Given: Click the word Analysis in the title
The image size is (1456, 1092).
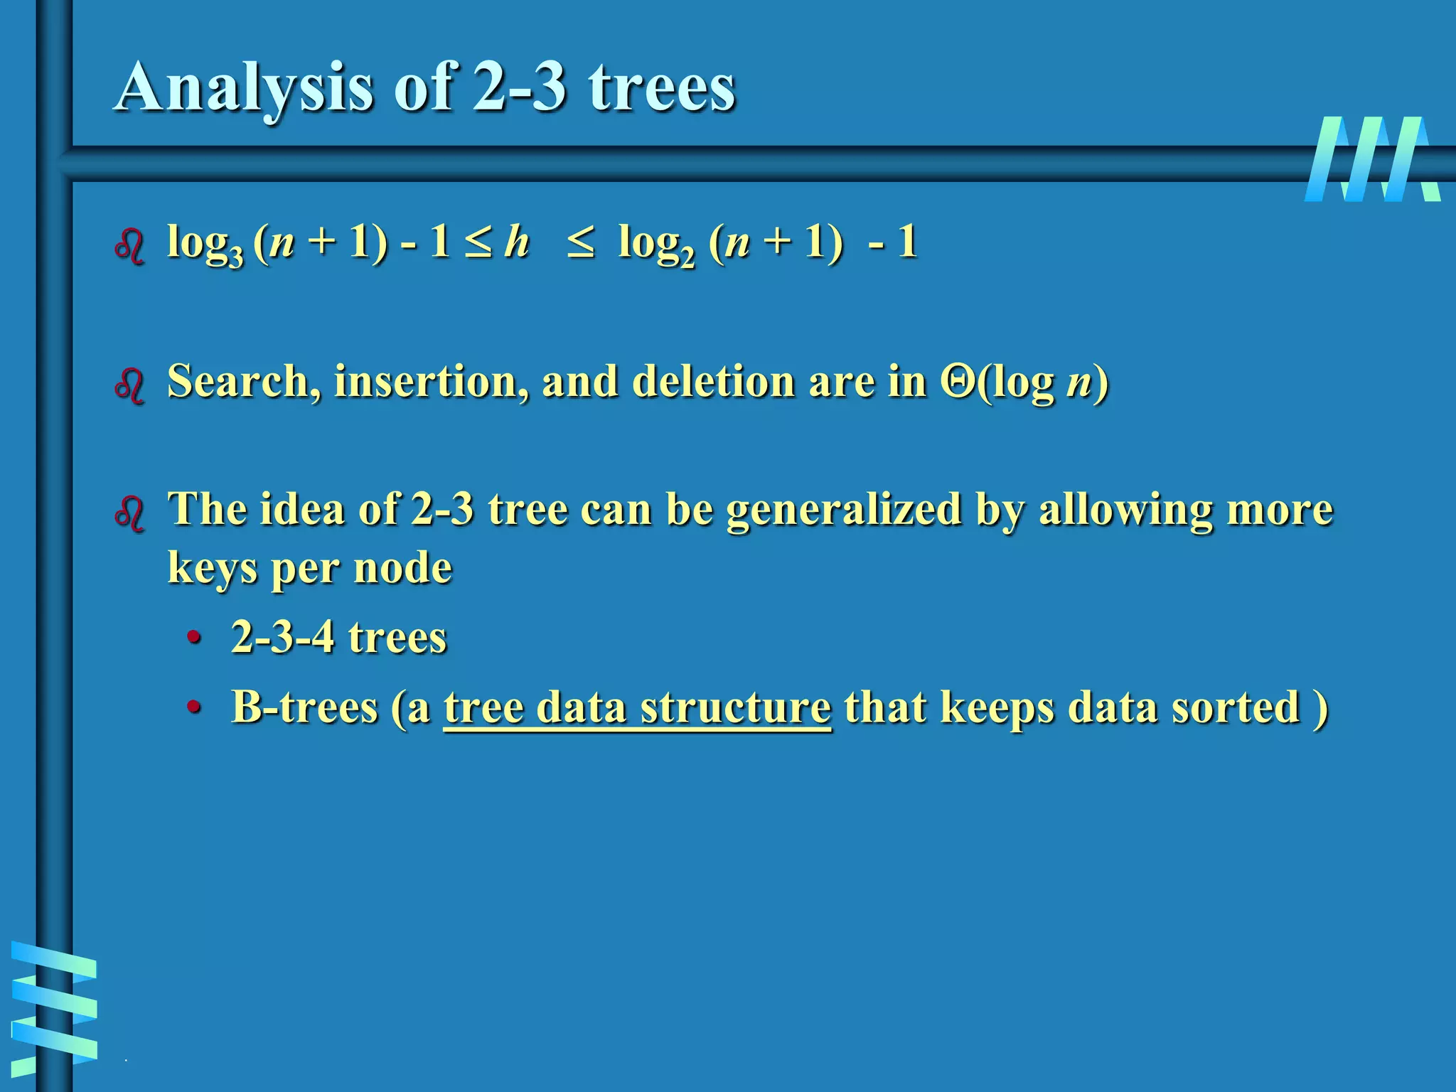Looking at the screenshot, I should pos(243,88).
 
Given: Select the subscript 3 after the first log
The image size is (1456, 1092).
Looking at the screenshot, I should pos(236,256).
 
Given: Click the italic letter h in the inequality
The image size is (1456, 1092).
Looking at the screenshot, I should pos(517,242).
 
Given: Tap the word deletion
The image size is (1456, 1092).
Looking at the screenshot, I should pos(712,381).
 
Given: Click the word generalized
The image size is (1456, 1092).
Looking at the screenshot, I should pos(844,509).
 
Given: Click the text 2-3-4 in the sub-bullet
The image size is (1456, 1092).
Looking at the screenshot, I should pos(282,636).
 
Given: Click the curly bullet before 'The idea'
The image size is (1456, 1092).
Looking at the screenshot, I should pos(130,513).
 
